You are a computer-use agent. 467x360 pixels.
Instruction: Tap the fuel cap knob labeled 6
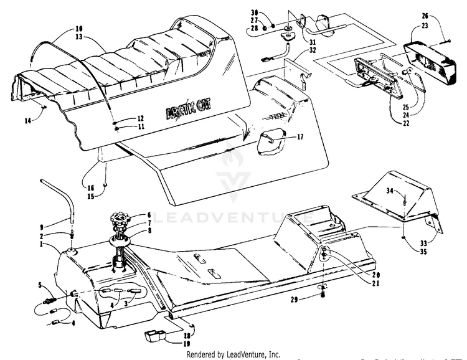coord(121,221)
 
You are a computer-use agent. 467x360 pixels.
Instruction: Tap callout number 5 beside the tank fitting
coord(40,286)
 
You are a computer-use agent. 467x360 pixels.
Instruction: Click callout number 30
coord(254,12)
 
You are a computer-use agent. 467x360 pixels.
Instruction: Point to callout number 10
coord(78,28)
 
